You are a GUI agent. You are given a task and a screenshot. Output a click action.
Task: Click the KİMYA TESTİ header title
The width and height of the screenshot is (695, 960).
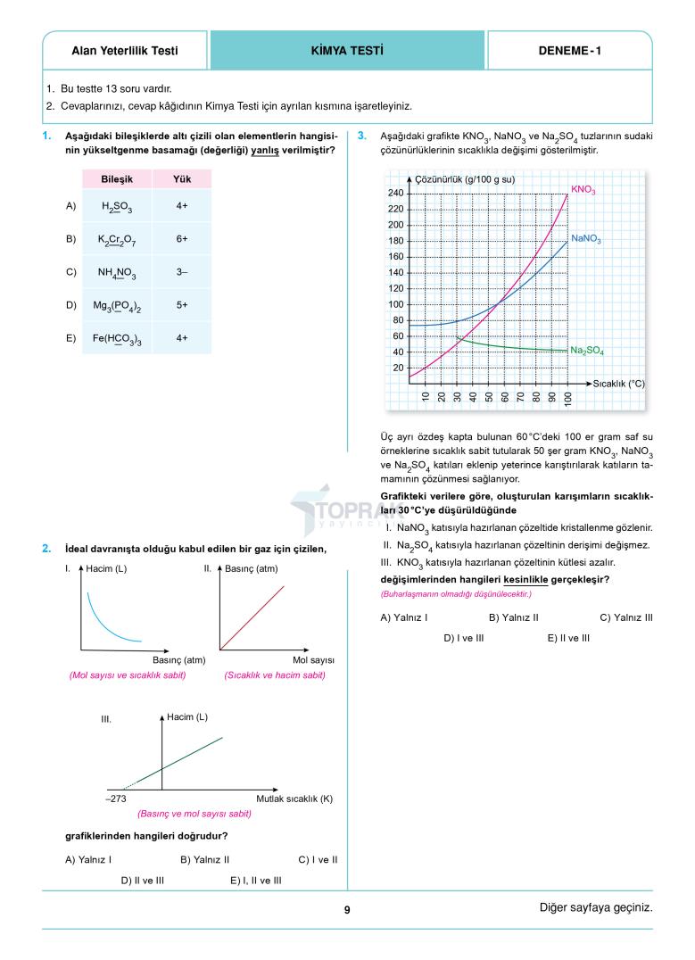[347, 51]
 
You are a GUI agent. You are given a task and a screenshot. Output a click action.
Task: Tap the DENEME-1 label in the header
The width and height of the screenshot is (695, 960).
[569, 51]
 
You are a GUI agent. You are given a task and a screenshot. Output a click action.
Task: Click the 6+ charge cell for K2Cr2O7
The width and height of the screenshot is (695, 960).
[182, 239]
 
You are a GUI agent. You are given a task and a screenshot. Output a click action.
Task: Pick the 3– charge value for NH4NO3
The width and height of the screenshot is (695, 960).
[182, 272]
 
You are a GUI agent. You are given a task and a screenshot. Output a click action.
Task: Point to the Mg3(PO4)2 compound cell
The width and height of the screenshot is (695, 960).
[117, 305]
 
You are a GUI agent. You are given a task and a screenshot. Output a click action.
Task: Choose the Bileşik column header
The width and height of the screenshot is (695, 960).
[117, 178]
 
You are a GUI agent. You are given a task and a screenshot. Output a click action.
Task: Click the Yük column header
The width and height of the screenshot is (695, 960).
[182, 178]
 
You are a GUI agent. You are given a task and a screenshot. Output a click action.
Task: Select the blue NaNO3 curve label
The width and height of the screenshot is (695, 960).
[586, 240]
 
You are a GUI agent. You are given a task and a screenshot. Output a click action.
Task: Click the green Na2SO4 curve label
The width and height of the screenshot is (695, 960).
[587, 352]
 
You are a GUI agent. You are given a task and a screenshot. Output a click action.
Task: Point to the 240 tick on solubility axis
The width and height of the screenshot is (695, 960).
[395, 194]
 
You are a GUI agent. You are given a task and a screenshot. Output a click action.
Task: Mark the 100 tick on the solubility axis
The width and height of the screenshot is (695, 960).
[395, 304]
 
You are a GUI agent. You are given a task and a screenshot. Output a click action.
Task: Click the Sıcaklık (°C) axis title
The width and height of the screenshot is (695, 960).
[618, 383]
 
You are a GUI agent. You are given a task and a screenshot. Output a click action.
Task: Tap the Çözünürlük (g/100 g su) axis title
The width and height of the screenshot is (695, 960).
[464, 180]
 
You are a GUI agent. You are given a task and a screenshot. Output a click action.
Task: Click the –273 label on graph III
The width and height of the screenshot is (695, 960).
[115, 799]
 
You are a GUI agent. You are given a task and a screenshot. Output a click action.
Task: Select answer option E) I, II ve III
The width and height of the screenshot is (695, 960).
[255, 880]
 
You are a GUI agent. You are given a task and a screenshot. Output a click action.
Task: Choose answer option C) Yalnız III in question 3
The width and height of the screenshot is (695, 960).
[625, 617]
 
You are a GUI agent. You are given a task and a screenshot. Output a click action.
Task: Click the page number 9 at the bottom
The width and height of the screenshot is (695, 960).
[347, 910]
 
